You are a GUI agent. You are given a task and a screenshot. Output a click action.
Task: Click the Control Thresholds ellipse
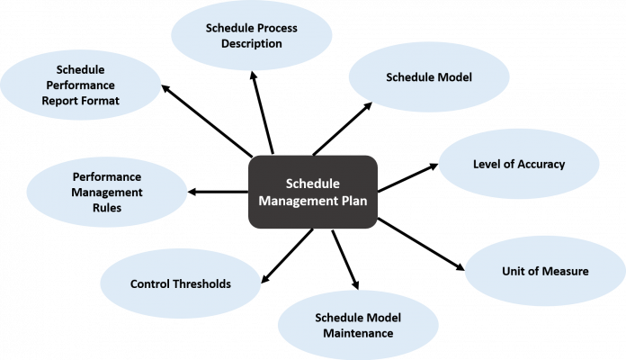pyautogui.click(x=180, y=283)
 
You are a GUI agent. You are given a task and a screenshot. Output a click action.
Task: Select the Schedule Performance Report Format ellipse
pyautogui.click(x=81, y=85)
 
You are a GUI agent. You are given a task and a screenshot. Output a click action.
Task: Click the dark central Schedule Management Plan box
pyautogui.click(x=312, y=191)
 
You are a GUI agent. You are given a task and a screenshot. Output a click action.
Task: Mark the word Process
pyautogui.click(x=276, y=28)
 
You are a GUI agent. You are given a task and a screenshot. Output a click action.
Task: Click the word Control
pyautogui.click(x=148, y=283)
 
